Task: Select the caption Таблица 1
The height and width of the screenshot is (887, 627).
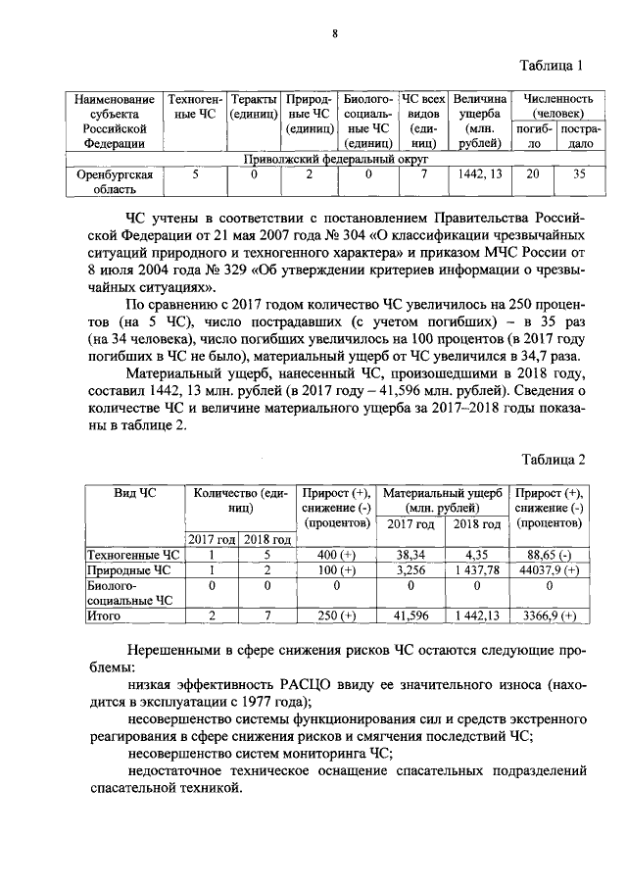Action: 552,66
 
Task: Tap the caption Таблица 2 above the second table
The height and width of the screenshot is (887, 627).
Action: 552,460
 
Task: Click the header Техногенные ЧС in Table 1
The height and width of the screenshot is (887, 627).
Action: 194,107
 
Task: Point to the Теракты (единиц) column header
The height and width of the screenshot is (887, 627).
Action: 252,107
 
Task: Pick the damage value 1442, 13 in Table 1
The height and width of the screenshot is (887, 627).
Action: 480,174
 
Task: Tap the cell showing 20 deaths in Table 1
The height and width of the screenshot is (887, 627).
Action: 533,174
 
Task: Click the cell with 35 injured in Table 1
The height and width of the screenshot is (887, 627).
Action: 579,174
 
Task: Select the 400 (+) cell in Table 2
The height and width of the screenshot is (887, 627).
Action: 335,554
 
